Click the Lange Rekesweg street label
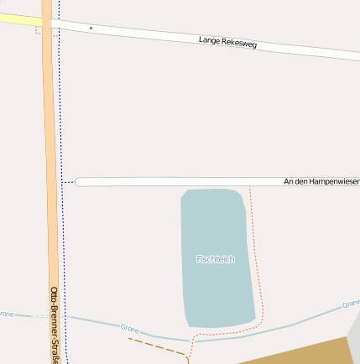pyautogui.click(x=227, y=41)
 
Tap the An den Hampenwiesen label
pyautogui.click(x=321, y=181)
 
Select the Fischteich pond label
pyautogui.click(x=216, y=259)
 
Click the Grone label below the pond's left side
pyautogui.click(x=129, y=328)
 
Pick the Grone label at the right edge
pyautogui.click(x=351, y=303)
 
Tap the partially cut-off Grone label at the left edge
pyautogui.click(x=7, y=314)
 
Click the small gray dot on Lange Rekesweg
pyautogui.click(x=91, y=28)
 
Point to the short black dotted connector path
pyautogui.click(x=68, y=181)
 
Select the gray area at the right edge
pyautogui.click(x=355, y=335)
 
